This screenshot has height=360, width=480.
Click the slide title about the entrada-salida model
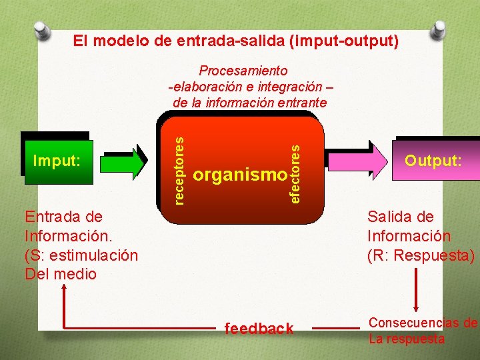(236, 41)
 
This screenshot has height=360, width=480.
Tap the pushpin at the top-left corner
(41, 30)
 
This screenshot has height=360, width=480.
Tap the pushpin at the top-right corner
(438, 29)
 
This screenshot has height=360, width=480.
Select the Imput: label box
(57, 161)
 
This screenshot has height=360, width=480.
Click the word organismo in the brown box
(239, 175)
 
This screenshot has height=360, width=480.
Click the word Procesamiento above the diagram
(243, 71)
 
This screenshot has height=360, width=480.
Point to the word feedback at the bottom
(259, 328)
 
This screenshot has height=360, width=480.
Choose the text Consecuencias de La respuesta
(423, 331)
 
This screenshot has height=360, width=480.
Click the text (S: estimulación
(81, 255)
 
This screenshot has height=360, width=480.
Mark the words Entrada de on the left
(63, 217)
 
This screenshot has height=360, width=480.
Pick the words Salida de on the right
(401, 217)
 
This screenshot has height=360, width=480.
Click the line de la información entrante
(249, 103)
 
